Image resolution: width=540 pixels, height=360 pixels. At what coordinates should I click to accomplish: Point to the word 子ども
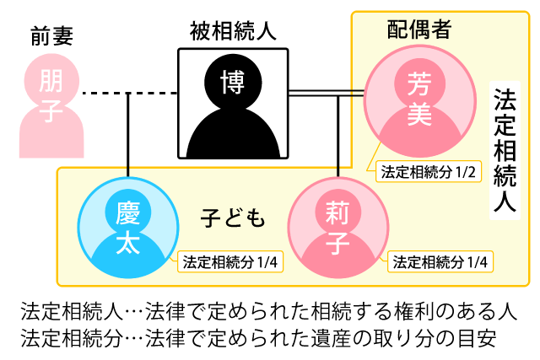233,218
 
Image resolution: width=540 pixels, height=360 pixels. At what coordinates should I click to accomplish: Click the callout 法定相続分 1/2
429,172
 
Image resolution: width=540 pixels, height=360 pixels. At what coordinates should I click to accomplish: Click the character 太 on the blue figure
127,243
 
